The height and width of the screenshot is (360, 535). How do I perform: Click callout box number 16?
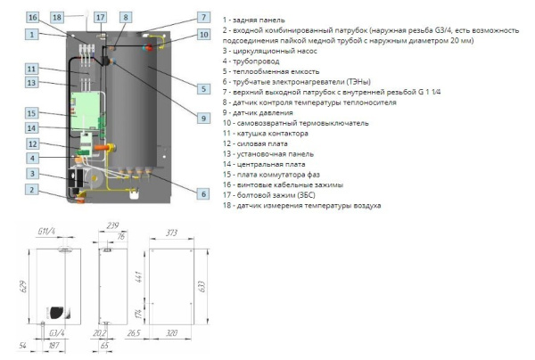pos(32,17)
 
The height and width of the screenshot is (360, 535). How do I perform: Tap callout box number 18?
pos(58,17)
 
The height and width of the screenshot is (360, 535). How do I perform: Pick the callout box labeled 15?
pos(32,113)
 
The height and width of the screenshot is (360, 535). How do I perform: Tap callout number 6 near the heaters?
pos(202,193)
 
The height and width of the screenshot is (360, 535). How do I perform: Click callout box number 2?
pos(32,189)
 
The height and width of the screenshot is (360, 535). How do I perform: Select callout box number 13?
pos(32,83)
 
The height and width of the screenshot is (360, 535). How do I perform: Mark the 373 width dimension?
pos(171,233)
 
